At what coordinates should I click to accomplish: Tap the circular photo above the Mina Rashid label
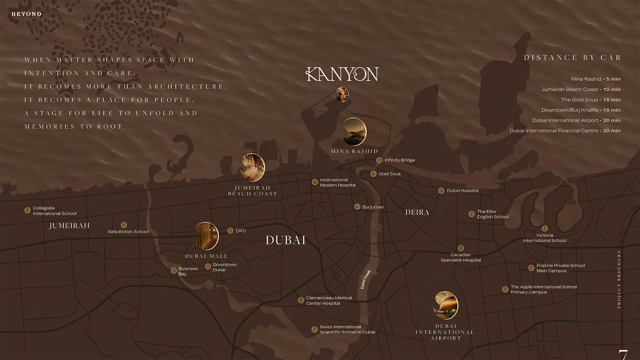354,132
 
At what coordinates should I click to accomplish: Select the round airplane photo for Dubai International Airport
446,305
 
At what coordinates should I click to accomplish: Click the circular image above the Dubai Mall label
207,236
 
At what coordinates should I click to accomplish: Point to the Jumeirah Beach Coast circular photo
252,167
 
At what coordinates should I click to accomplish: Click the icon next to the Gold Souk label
373,174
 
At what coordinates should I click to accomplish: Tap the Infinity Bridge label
399,160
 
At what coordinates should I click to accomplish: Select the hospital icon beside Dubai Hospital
441,191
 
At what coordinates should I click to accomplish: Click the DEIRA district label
417,212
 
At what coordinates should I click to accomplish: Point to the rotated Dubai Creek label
365,279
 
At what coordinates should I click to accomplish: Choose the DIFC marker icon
230,231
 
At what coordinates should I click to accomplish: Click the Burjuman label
373,207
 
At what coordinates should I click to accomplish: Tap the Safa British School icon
124,225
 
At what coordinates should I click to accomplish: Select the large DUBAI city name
285,240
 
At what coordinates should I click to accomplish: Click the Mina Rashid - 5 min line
596,79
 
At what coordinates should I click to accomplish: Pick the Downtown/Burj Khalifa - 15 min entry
580,110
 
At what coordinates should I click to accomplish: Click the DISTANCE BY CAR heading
572,58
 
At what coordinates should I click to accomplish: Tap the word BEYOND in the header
27,14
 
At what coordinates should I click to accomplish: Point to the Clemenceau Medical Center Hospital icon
301,300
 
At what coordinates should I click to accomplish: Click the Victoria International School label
544,238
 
